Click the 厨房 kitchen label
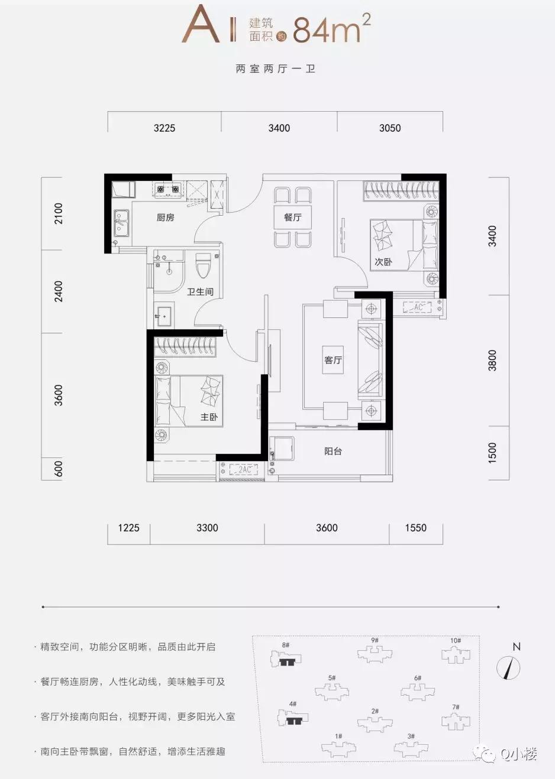tap(165, 218)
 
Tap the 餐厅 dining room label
tap(292, 217)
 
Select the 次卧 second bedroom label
tap(383, 261)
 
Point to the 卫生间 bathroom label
tap(200, 291)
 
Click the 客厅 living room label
tap(333, 359)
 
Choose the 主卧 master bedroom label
tap(209, 417)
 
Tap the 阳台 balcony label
tap(333, 451)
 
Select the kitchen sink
tap(121, 223)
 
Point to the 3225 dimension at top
tap(164, 128)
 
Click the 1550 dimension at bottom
tap(415, 528)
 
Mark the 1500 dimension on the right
tap(492, 452)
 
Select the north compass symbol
tap(509, 667)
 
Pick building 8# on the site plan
tap(286, 659)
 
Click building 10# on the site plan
tap(456, 654)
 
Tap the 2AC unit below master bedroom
tap(244, 469)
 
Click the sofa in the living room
tap(370, 359)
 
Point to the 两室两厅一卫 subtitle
tap(275, 69)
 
